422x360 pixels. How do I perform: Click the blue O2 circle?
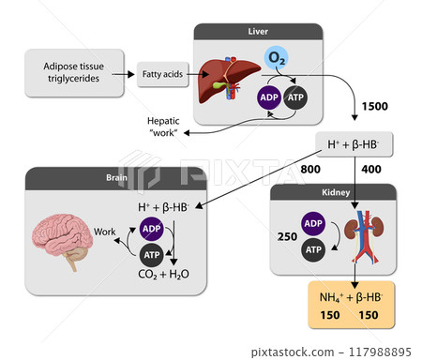click(276, 58)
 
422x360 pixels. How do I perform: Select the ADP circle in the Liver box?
click(269, 97)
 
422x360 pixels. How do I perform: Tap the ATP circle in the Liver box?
click(295, 97)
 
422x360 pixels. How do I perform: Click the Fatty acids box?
click(163, 74)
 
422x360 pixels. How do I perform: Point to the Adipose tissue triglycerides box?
click(74, 72)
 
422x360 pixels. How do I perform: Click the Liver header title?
click(258, 32)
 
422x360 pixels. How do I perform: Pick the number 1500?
click(375, 106)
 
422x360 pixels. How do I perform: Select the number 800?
click(310, 169)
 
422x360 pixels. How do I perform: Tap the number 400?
click(371, 169)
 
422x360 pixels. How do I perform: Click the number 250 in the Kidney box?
click(287, 236)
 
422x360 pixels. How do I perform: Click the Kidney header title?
click(336, 192)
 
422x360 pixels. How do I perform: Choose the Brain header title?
click(116, 177)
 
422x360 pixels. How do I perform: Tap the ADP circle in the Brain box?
click(152, 229)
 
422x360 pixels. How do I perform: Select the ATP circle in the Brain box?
click(152, 255)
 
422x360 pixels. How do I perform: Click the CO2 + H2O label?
click(163, 275)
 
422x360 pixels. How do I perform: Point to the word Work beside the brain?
click(104, 232)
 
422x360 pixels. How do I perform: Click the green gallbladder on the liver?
click(219, 85)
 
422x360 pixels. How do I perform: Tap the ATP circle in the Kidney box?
click(313, 249)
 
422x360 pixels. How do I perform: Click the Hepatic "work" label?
click(163, 127)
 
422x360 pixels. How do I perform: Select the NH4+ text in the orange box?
click(331, 297)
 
